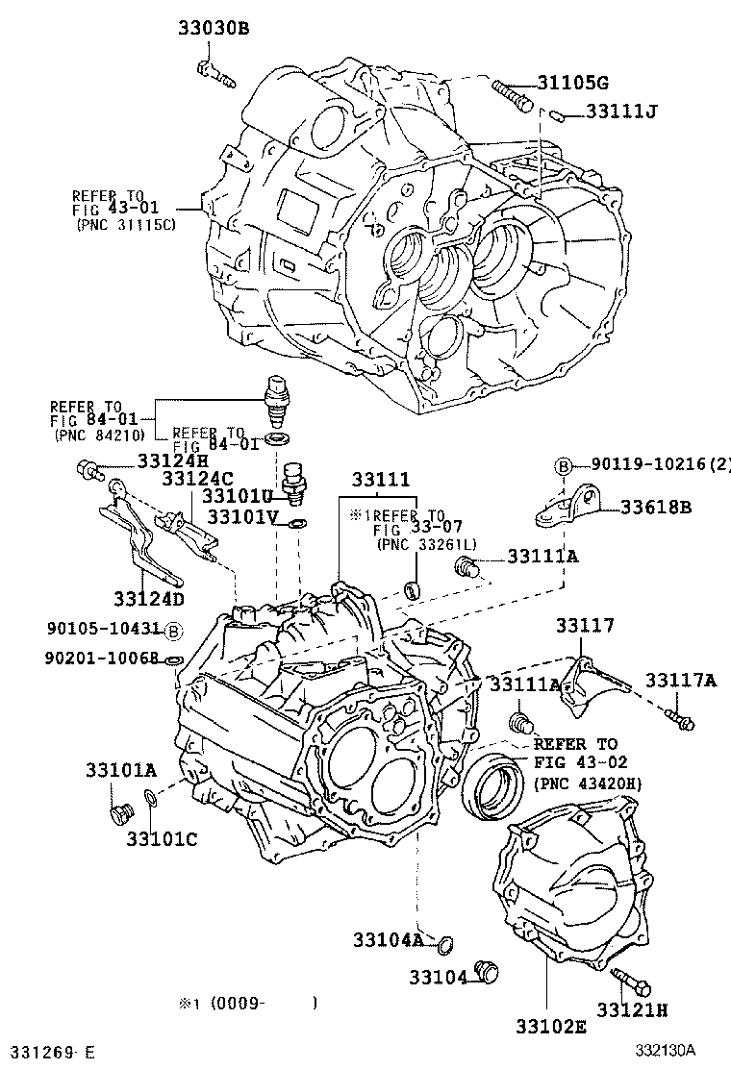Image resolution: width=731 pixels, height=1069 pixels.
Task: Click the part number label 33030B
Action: coord(213,28)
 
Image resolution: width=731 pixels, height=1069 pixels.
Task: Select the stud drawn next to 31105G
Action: coord(512,95)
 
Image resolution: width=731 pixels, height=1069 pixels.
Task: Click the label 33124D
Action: coord(148,599)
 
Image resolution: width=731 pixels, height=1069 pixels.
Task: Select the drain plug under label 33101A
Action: coord(120,814)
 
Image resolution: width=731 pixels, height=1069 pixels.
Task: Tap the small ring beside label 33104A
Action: coord(442,947)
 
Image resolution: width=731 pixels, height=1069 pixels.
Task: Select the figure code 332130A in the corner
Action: coord(664,1051)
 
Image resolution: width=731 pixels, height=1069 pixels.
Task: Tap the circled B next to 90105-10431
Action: coord(172,631)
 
